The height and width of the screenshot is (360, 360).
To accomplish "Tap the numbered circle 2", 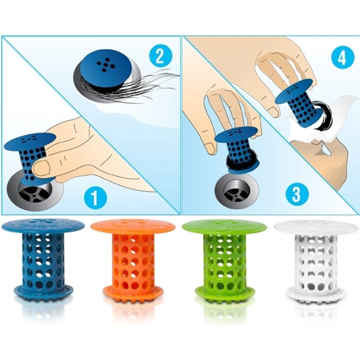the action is [x=160, y=56].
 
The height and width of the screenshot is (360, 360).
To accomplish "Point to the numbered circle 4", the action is [x=342, y=58].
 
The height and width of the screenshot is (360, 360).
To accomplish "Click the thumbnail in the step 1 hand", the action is [x=41, y=167].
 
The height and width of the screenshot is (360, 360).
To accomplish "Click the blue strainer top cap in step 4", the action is [x=294, y=91].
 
